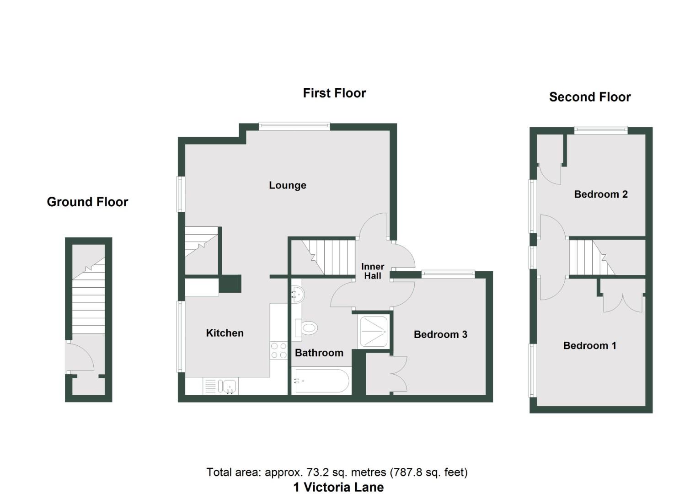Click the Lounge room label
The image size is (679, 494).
(x=287, y=185)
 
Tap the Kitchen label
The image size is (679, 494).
(x=225, y=333)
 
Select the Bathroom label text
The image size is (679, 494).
(x=319, y=353)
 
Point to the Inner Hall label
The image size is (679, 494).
(x=373, y=271)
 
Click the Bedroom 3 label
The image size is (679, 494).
(x=440, y=334)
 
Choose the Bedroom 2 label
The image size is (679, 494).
(x=600, y=194)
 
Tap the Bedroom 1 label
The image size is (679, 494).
(x=589, y=345)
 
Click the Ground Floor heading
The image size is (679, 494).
(x=87, y=202)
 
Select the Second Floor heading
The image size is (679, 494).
(x=589, y=97)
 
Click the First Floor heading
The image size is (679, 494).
(x=334, y=93)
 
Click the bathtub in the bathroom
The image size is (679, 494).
(x=321, y=381)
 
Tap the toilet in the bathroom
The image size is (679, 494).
(x=307, y=328)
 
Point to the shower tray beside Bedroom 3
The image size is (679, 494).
(x=374, y=331)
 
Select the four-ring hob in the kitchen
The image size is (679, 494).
(x=278, y=350)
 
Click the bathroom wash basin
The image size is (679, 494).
(x=296, y=295)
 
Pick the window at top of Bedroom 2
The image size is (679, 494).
(x=600, y=129)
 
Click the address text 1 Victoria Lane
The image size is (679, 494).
(x=338, y=487)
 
